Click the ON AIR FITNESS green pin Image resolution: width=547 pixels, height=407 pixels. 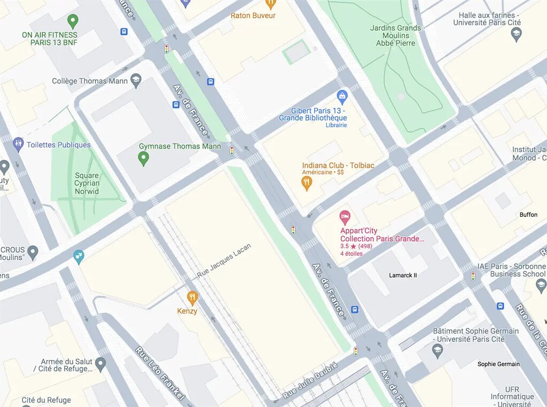[x=73, y=21]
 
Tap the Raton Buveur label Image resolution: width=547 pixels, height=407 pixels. [x=253, y=15]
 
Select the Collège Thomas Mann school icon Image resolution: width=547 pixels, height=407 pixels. [x=136, y=80]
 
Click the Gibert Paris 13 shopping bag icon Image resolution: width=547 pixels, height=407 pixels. [x=342, y=97]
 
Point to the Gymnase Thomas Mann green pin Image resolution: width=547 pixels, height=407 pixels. [x=143, y=158]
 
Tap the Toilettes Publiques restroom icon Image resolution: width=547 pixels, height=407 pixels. [x=18, y=144]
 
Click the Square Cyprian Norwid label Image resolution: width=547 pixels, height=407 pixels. [x=87, y=183]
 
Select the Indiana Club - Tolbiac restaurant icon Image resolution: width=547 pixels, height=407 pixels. [x=306, y=184]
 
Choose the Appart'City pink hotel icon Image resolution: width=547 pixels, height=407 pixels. [x=346, y=217]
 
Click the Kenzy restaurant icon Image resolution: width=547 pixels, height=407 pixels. [x=192, y=298]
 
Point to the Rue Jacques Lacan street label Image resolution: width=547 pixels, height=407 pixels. [x=224, y=261]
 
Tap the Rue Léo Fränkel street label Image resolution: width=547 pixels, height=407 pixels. [x=160, y=373]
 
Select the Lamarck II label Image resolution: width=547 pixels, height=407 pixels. [x=403, y=275]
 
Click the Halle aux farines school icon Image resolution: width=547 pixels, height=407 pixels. [x=516, y=35]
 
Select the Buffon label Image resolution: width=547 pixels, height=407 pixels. [x=528, y=215]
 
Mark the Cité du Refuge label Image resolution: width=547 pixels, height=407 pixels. [x=46, y=400]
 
